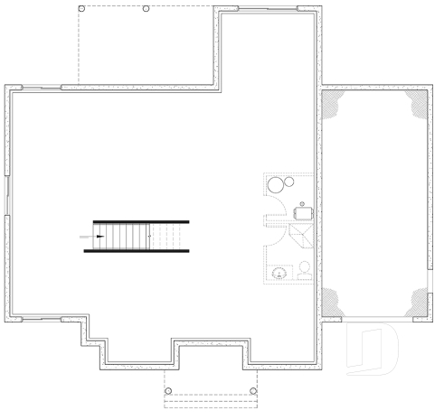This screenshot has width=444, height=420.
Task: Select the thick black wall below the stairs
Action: (137, 251)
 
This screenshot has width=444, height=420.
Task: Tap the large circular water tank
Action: (275, 185)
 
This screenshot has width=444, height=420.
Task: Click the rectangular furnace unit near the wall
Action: (305, 212)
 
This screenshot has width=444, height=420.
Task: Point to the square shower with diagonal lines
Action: (302, 237)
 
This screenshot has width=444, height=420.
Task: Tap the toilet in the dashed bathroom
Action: (304, 268)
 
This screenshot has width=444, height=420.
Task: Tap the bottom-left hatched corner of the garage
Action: (331, 303)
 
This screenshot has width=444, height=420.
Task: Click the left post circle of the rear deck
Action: (82, 9)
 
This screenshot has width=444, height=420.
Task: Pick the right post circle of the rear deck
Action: (146, 9)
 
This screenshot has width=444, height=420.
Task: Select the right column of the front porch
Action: (253, 391)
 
